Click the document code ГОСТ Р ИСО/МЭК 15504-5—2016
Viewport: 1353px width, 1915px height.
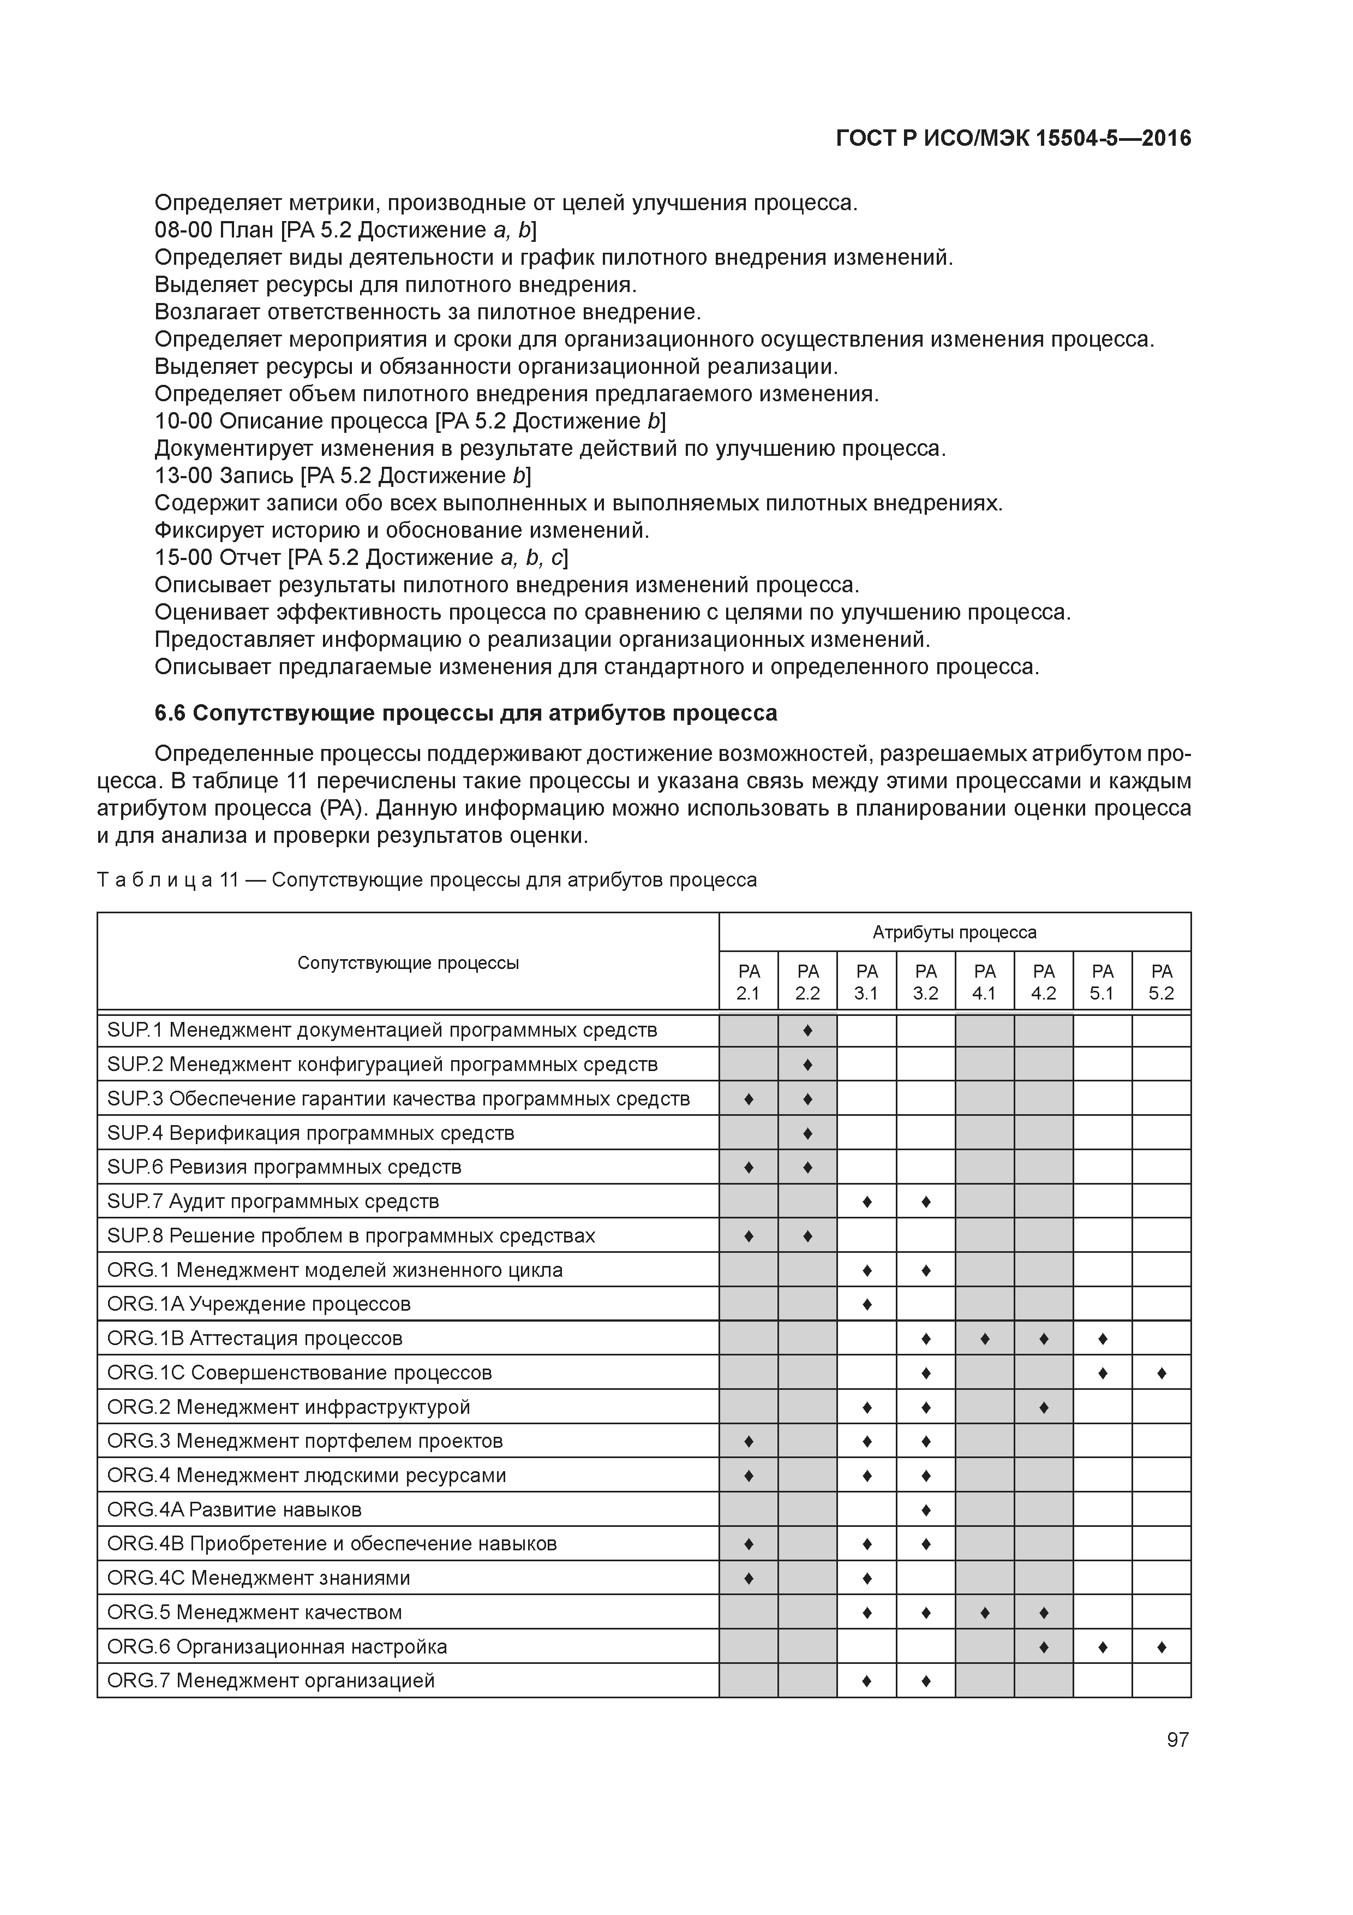pyautogui.click(x=1013, y=139)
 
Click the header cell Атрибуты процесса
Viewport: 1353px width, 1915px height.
pyautogui.click(x=955, y=932)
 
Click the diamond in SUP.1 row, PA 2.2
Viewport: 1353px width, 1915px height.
pyautogui.click(x=807, y=1031)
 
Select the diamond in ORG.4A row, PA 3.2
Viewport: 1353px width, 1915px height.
pyautogui.click(x=925, y=1509)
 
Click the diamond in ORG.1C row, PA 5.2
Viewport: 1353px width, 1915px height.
pyautogui.click(x=1162, y=1373)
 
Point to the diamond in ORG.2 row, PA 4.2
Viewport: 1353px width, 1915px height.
pyautogui.click(x=1044, y=1407)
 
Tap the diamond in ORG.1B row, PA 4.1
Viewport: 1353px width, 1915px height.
pyautogui.click(x=985, y=1339)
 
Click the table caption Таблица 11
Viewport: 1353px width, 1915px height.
pyautogui.click(x=427, y=880)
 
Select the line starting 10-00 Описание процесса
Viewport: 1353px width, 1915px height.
pyautogui.click(x=410, y=421)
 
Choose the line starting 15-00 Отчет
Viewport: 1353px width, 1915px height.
pyautogui.click(x=361, y=557)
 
